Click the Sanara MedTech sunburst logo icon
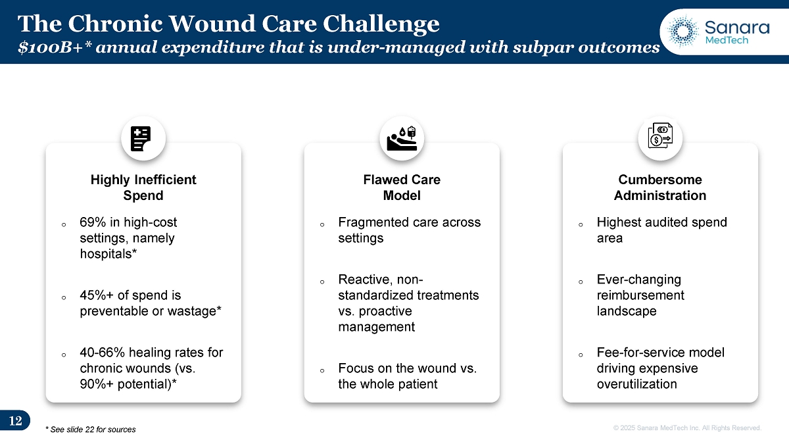click(682, 32)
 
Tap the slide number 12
click(16, 421)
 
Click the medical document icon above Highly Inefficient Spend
click(141, 139)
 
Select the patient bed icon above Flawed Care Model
click(402, 139)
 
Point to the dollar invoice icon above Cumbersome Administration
click(660, 136)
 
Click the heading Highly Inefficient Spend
click(143, 187)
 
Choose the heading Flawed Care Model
click(402, 187)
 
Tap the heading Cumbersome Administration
click(660, 187)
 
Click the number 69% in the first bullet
click(93, 222)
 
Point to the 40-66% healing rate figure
click(102, 353)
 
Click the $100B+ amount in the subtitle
click(55, 47)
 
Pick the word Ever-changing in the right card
click(639, 280)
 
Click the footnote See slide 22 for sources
click(91, 430)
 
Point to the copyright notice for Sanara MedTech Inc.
click(687, 428)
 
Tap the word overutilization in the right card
click(637, 384)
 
